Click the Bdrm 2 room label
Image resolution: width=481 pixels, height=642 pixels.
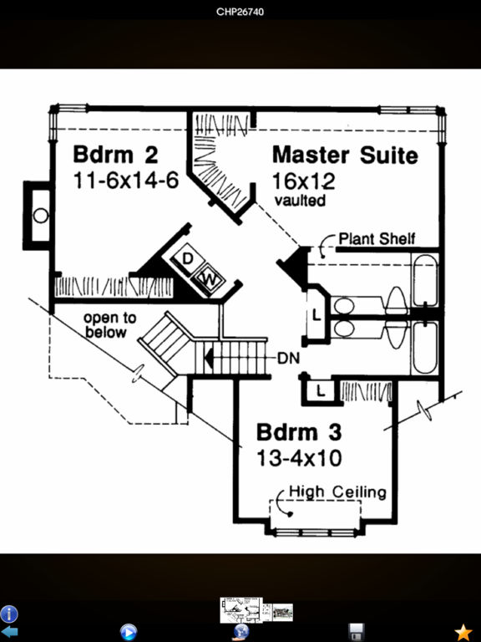point(115,155)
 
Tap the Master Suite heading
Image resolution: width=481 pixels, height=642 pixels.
point(345,155)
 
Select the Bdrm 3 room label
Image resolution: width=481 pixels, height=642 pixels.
point(299,432)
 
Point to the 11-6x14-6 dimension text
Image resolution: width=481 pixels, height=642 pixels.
point(126,181)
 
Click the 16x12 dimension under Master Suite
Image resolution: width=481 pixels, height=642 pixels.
point(303,181)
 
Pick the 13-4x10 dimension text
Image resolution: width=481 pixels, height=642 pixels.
point(299,458)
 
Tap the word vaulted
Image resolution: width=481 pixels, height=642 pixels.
point(301,201)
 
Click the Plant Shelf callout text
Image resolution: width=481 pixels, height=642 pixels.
point(377,239)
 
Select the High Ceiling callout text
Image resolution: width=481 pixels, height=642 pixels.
point(338,492)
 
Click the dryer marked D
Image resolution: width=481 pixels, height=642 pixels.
point(187,260)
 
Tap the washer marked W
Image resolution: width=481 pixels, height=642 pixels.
point(210,280)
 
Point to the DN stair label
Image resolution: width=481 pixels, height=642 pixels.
point(288,359)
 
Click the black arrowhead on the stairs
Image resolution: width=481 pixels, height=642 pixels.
point(209,359)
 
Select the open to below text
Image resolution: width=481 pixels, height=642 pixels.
point(109,324)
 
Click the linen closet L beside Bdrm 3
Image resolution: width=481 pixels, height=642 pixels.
point(321,392)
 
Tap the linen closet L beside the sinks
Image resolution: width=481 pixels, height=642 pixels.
point(316,315)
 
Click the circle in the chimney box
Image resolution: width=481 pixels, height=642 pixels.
point(40,216)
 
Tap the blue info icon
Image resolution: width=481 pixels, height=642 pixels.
point(8,614)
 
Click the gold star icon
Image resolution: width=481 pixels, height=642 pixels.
point(463,632)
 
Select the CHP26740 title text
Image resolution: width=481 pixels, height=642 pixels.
point(240,12)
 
